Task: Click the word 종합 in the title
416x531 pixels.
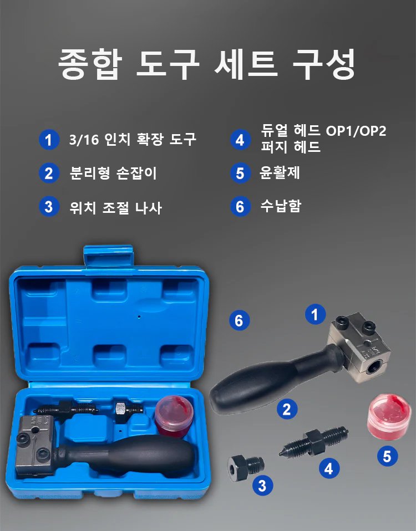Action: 89,64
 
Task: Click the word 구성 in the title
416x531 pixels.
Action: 324,64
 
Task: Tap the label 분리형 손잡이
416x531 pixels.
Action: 113,173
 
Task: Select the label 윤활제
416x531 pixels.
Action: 280,172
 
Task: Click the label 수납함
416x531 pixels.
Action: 281,206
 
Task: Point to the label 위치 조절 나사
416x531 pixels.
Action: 115,207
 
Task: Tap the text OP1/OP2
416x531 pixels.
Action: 356,131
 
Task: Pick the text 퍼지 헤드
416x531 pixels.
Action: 291,147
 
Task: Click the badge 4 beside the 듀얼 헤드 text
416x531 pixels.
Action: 240,140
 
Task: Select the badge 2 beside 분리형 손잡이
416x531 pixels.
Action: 49,173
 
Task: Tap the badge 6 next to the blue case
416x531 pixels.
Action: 239,320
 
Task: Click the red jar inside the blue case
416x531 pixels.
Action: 173,416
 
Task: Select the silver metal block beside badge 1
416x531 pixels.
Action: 359,347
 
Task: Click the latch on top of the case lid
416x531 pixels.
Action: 108,256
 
